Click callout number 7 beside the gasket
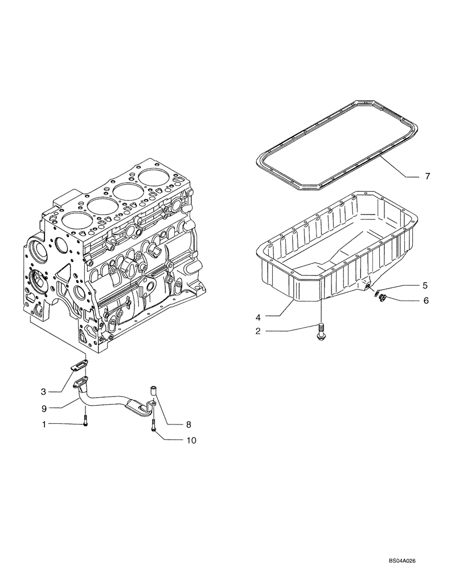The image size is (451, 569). tap(428, 177)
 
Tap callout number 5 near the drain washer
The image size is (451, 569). tap(424, 284)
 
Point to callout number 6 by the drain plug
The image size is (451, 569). tap(424, 300)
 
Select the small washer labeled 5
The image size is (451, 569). tap(376, 293)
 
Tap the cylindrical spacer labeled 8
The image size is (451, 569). tap(153, 390)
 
